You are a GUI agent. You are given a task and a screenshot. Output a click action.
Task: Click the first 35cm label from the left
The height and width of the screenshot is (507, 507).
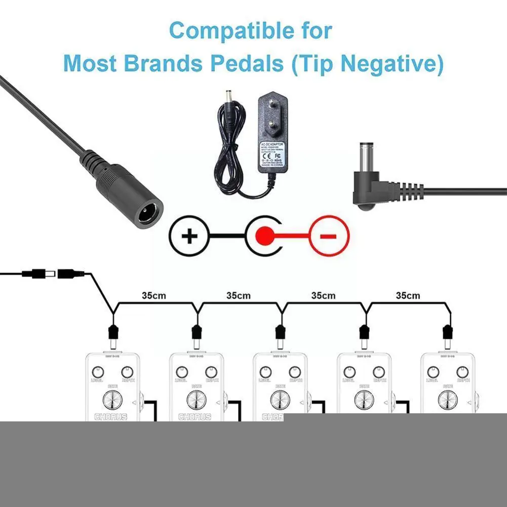coord(153,295)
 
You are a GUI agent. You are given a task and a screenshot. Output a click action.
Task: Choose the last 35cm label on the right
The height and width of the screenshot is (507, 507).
coord(408,295)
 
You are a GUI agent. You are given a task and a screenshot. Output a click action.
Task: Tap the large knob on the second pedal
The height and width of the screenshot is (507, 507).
coord(196,400)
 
